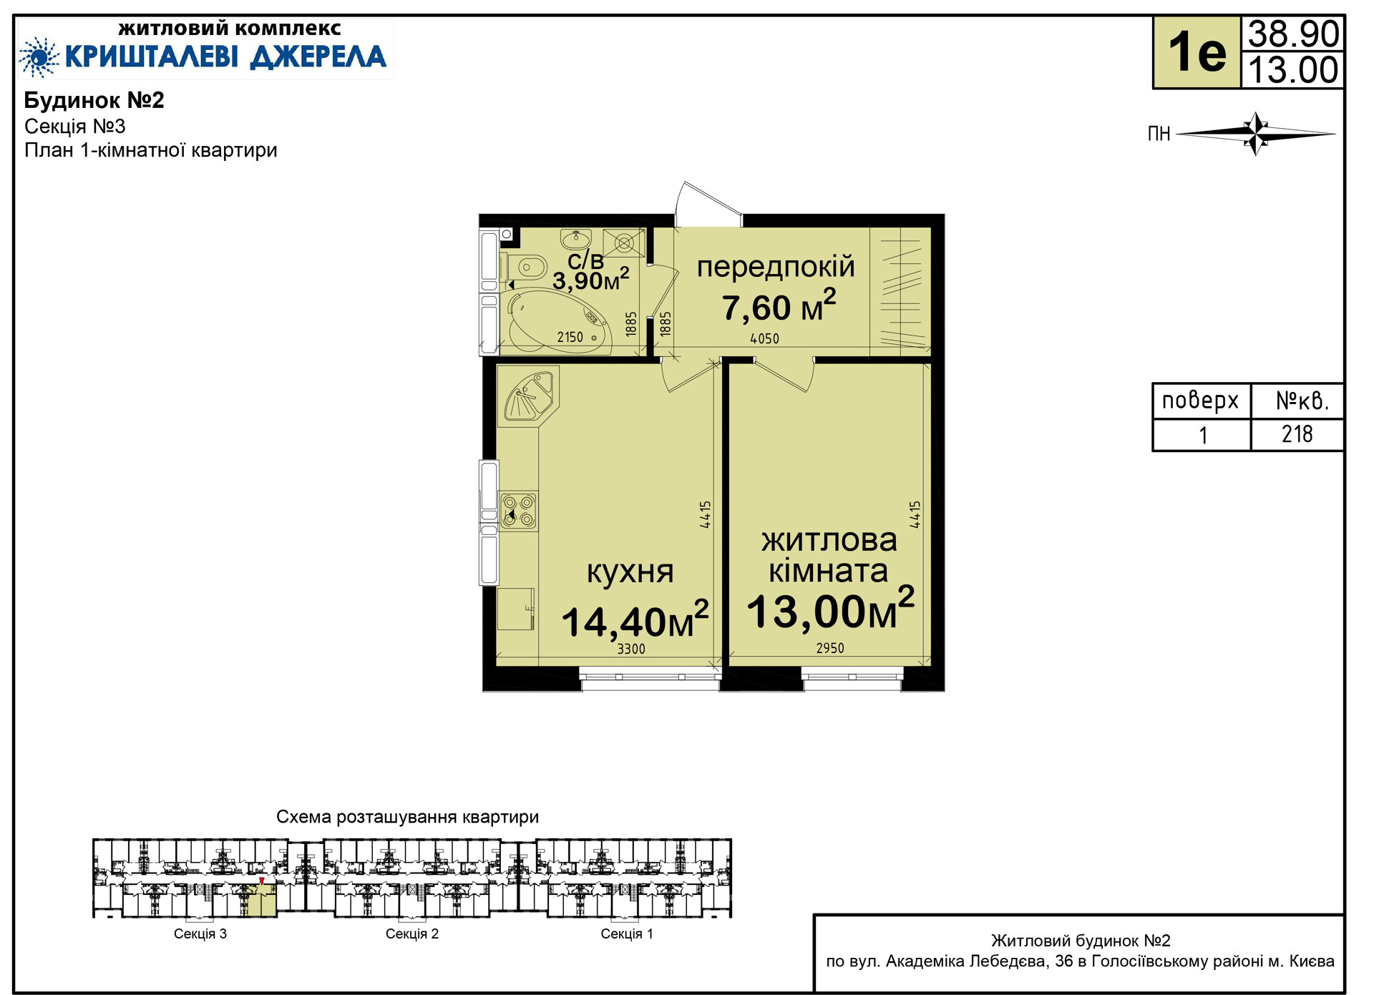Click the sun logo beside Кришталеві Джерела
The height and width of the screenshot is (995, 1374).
coord(39,57)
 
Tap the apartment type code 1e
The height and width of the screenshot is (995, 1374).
coord(1197,52)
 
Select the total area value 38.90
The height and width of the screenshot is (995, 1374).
coord(1293,34)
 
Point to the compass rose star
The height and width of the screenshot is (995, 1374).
coord(1256,133)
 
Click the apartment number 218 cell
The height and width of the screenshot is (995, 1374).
coord(1297,434)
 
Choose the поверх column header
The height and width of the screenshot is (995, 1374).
coord(1200,401)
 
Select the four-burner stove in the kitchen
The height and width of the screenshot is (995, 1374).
coord(518,511)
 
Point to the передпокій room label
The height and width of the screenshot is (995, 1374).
coord(776,267)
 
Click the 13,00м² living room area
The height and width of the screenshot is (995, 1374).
coord(830,609)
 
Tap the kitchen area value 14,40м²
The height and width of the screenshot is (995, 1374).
coord(635,619)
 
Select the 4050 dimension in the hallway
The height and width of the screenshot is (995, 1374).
coord(764,339)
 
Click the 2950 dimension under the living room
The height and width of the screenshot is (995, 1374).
coord(830,648)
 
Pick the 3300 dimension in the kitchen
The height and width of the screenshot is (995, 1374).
coord(631,649)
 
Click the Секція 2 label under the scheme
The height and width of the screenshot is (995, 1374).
coord(412,933)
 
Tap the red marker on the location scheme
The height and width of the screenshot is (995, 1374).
coord(262,881)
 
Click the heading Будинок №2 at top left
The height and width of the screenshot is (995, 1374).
coord(94,100)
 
